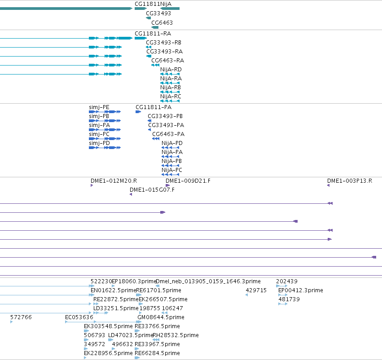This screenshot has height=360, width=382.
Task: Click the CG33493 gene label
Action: (158, 13)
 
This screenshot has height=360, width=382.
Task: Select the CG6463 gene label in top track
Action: (162, 22)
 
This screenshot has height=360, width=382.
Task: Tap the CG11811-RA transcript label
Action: (153, 33)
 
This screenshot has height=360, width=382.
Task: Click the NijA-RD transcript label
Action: (171, 70)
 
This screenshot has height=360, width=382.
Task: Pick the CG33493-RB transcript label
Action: (163, 42)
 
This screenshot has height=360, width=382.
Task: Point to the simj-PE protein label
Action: (99, 107)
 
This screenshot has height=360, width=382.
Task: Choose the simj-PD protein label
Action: (99, 143)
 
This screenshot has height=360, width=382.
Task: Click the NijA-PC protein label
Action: (172, 170)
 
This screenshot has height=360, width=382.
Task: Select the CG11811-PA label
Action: (154, 107)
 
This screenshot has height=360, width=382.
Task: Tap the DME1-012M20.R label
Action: (114, 181)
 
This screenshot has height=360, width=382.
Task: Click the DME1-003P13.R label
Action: (350, 181)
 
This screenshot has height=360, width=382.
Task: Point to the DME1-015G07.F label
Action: (152, 190)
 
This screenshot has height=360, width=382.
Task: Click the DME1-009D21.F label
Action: (188, 181)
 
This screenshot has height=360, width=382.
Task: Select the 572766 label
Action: (21, 317)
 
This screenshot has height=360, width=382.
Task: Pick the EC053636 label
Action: (79, 317)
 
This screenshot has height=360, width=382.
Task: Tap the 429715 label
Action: (256, 290)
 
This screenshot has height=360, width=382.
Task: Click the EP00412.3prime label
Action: (301, 290)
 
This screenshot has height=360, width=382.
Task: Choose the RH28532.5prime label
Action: (176, 335)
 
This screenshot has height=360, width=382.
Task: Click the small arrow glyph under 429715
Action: (246, 295)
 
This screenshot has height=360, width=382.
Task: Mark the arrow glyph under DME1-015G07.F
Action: (131, 194)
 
